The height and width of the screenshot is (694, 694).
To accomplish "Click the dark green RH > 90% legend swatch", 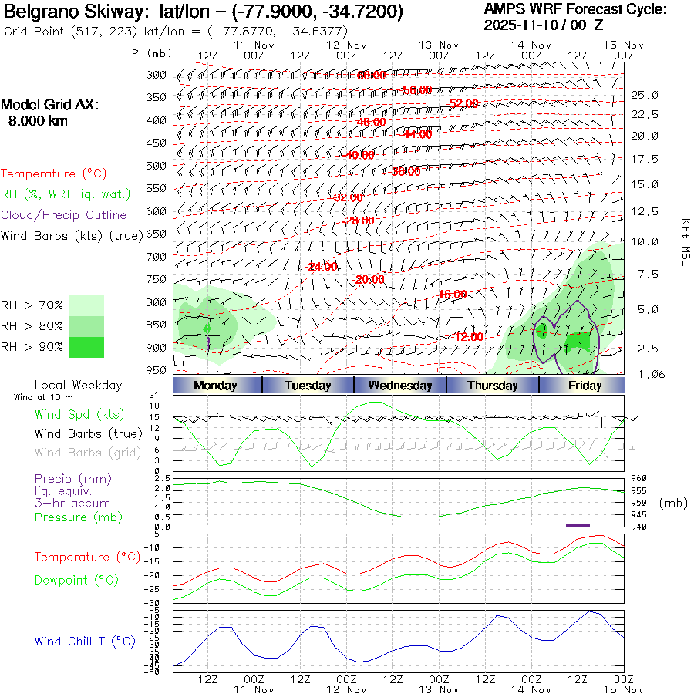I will [x=86, y=347].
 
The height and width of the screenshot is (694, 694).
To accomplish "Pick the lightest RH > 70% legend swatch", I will [x=86, y=305].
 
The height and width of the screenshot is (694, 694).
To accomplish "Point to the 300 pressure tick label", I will [x=157, y=75].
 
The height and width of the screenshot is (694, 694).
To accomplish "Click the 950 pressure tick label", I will [x=157, y=370].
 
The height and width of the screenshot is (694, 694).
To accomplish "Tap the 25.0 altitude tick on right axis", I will [x=645, y=95].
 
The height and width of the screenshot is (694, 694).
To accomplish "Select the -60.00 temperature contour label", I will [x=371, y=76].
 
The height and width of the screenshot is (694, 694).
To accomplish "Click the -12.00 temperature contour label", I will [x=469, y=337].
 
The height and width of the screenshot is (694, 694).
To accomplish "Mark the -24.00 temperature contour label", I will [x=322, y=267].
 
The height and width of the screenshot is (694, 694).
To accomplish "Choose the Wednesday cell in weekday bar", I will [x=399, y=386].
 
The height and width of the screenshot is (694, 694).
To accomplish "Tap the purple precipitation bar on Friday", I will [x=578, y=525].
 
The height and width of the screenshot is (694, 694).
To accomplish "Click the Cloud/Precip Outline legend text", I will [x=64, y=215].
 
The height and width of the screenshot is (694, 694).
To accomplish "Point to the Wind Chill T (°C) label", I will [x=85, y=642].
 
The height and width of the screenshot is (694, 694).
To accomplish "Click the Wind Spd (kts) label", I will [x=79, y=415].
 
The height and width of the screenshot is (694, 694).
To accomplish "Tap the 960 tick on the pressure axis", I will [x=640, y=478].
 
